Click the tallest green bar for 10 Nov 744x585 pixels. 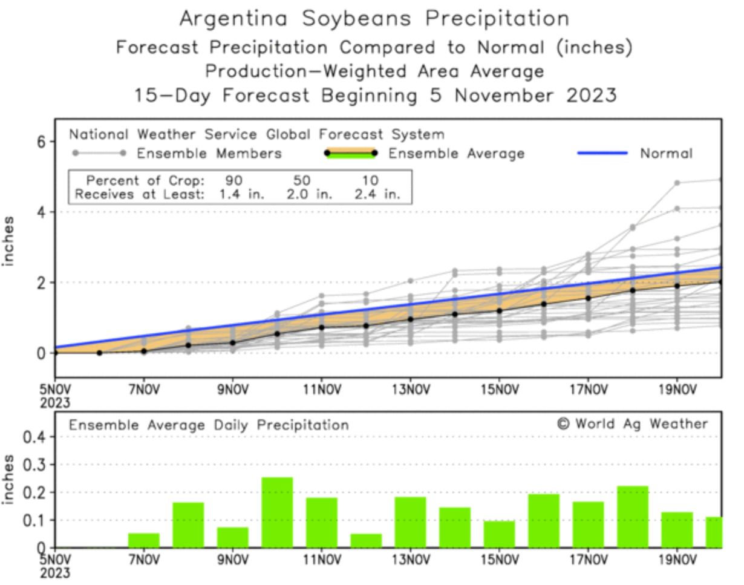click(277, 512)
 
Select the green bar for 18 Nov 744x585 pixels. click(632, 517)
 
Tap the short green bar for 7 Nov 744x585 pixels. click(143, 540)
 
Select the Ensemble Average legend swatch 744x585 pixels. click(350, 153)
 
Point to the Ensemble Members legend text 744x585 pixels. click(209, 154)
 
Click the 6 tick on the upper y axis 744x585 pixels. click(42, 142)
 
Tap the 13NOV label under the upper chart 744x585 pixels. click(410, 389)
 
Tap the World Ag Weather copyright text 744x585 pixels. click(632, 424)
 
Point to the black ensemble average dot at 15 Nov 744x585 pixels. click(499, 311)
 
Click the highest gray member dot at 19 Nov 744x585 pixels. click(677, 183)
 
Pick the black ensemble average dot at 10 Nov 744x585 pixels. click(277, 334)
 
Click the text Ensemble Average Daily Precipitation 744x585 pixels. click(209, 425)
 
